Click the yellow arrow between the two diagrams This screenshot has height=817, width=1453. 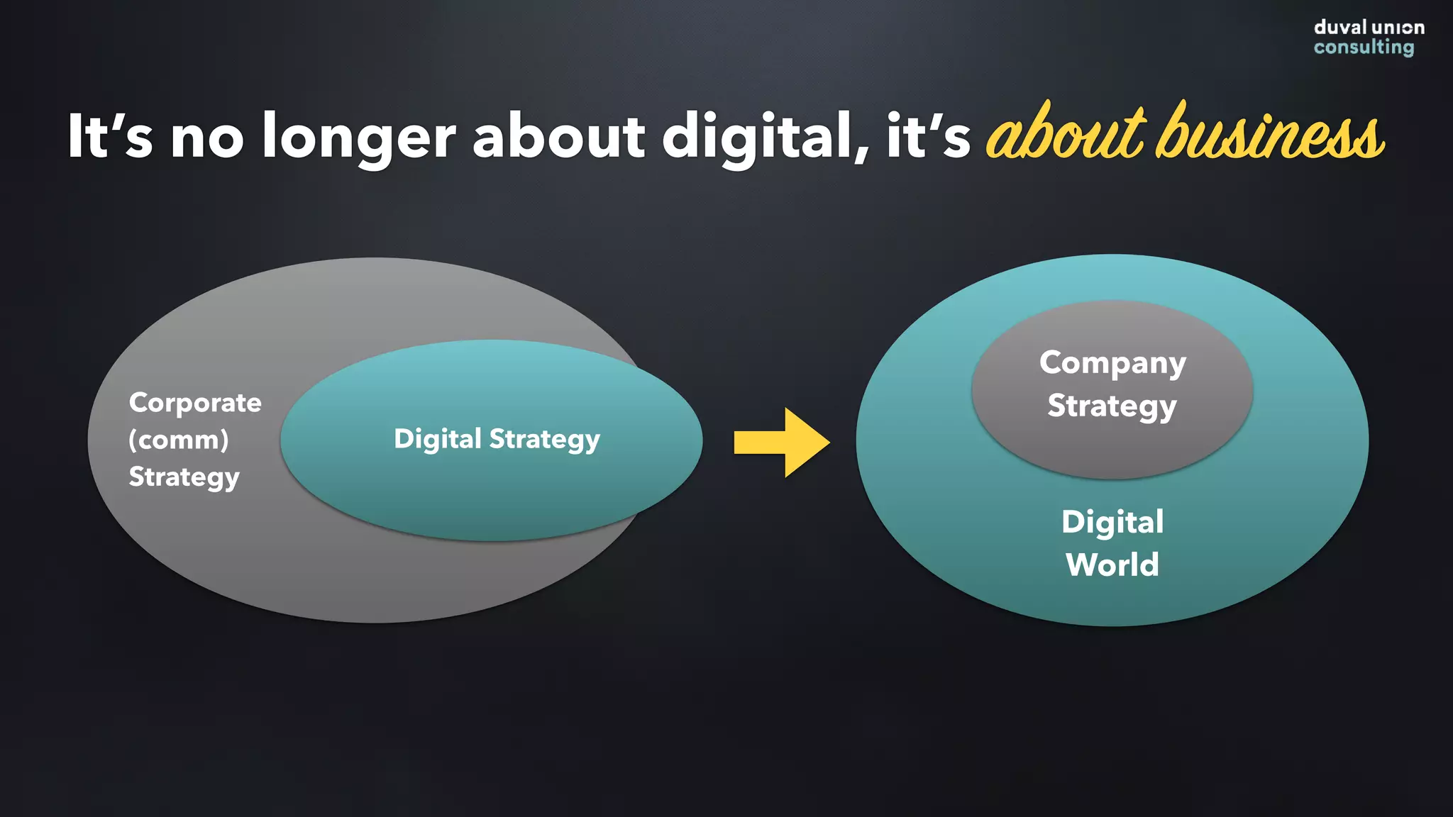(x=780, y=442)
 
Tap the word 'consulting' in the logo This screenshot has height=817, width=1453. (x=1364, y=48)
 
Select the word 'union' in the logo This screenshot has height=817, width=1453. (x=1398, y=28)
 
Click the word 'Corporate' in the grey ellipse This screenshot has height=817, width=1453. (x=195, y=403)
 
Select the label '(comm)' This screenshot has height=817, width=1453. (x=179, y=440)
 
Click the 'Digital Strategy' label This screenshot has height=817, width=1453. (x=497, y=440)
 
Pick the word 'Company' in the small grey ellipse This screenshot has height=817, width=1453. (x=1112, y=363)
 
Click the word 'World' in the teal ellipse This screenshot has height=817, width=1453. (x=1112, y=565)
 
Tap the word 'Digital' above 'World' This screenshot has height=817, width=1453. (x=1112, y=523)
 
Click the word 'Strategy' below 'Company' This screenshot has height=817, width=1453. (x=1112, y=406)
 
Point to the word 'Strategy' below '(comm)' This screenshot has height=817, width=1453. (x=184, y=477)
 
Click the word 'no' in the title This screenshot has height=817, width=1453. (x=207, y=137)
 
